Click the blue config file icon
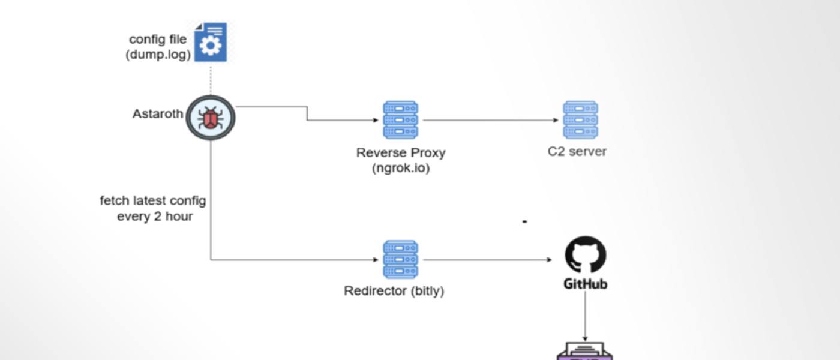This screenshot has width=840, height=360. tap(211, 42)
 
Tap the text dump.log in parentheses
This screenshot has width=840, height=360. tap(158, 54)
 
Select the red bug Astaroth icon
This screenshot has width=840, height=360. tap(211, 118)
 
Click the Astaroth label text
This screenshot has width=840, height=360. tap(157, 113)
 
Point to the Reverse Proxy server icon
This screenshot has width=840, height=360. tap(400, 120)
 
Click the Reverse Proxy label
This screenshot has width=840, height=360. tap(401, 152)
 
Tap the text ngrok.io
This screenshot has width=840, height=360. tap(401, 167)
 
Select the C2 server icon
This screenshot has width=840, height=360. tap(580, 120)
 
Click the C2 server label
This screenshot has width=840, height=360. tap(577, 151)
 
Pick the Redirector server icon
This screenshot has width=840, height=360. tap(400, 259)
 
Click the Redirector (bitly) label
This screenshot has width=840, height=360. tap(394, 291)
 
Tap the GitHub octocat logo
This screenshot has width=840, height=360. tap(586, 254)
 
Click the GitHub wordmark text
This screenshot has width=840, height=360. tap(585, 283)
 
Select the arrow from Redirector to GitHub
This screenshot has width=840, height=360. tap(486, 260)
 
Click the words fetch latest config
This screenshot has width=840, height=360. tap(152, 200)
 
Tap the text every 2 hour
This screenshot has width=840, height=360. tap(155, 216)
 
